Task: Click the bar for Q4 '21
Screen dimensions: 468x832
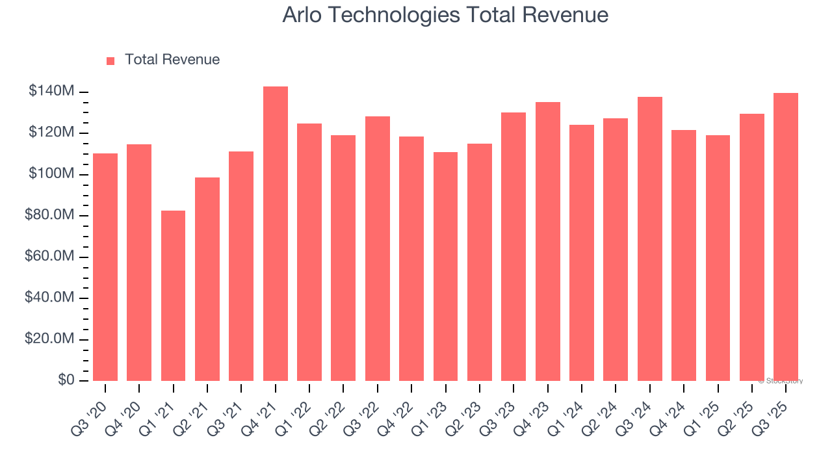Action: pyautogui.click(x=275, y=233)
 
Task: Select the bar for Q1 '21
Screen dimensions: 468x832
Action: pyautogui.click(x=173, y=296)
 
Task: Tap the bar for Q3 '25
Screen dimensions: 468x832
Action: pyautogui.click(x=785, y=237)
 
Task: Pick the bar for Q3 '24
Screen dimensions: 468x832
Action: pyautogui.click(x=649, y=239)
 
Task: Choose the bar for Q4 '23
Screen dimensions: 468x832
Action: pyautogui.click(x=547, y=241)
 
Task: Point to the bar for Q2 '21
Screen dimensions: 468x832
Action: pyautogui.click(x=207, y=279)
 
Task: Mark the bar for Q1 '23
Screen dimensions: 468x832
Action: pyautogui.click(x=445, y=266)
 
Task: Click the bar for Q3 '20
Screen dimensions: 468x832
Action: pyautogui.click(x=105, y=267)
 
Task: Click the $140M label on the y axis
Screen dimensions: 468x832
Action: pyautogui.click(x=51, y=92)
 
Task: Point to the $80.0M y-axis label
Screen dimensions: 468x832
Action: pyautogui.click(x=49, y=215)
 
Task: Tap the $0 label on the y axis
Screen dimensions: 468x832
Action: pyautogui.click(x=66, y=380)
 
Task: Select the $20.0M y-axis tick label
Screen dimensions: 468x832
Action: pyautogui.click(x=49, y=339)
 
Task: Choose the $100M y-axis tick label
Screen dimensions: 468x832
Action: pyautogui.click(x=51, y=174)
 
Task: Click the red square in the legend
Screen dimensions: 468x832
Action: pyautogui.click(x=110, y=60)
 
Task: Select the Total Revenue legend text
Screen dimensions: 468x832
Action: pyautogui.click(x=172, y=60)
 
